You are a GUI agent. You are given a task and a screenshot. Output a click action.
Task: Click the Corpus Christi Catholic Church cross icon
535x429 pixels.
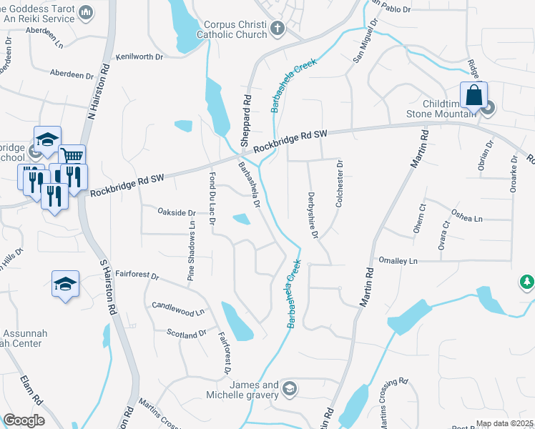coord(278,29)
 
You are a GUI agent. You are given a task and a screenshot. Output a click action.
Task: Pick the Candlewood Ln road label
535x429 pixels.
coord(178,309)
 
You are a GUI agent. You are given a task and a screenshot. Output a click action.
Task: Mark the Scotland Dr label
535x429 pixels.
coord(187,333)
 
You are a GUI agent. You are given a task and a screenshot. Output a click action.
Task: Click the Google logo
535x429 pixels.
coord(24,420)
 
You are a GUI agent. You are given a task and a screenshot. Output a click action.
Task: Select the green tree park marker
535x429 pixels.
coord(528,282)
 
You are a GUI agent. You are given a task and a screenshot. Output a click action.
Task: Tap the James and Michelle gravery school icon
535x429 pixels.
coord(289,389)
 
